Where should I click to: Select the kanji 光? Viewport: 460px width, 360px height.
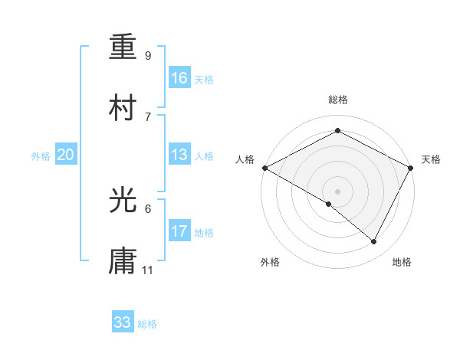tap(123, 200)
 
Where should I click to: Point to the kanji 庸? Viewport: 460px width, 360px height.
tap(123, 261)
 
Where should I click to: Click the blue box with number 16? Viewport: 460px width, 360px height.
tap(179, 78)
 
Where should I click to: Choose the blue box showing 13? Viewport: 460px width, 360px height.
tap(179, 155)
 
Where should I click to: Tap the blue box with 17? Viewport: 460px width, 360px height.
tap(179, 231)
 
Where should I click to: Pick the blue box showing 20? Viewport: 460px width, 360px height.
tap(65, 155)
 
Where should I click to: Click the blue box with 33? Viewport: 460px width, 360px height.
tap(123, 322)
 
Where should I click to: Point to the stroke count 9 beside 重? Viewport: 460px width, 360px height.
tap(148, 55)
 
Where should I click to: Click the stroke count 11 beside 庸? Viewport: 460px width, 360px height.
tap(148, 270)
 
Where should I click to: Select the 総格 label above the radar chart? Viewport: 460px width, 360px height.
tap(337, 100)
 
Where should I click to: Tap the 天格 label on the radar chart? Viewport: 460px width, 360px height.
tap(431, 159)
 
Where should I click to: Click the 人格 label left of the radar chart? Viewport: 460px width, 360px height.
tap(245, 159)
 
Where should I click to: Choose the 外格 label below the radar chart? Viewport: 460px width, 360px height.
tap(270, 262)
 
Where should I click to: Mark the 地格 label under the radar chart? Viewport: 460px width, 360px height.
tap(402, 262)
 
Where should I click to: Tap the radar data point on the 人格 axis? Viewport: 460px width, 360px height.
tap(264, 167)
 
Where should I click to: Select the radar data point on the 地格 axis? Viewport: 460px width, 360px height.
tap(374, 242)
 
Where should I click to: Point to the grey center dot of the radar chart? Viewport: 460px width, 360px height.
tap(337, 191)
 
